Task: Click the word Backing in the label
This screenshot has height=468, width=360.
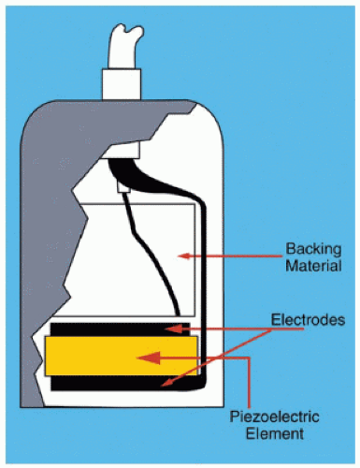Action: point(313,250)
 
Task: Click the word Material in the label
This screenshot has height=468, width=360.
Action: point(313,266)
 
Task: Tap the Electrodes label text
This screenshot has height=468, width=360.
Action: point(308,320)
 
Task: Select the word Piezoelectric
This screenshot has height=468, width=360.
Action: point(274,417)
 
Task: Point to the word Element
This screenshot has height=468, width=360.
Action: point(275,433)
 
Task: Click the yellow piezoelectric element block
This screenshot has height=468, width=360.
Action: point(122,356)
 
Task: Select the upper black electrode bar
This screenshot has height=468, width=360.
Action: point(121,329)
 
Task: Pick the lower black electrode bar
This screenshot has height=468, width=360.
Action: point(124,383)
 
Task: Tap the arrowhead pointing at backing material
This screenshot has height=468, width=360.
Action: point(183,256)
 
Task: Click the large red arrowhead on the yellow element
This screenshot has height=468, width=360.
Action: point(149,358)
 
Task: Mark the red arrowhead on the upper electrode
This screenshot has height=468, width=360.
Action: point(173,329)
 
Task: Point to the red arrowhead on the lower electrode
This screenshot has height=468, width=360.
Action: point(166,383)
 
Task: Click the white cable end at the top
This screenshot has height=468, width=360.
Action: point(124,48)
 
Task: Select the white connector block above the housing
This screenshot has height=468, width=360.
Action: point(122,84)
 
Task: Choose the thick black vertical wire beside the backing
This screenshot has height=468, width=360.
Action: point(203,281)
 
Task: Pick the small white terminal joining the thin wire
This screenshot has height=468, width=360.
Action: point(123,188)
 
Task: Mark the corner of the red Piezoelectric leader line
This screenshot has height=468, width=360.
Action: point(249,358)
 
